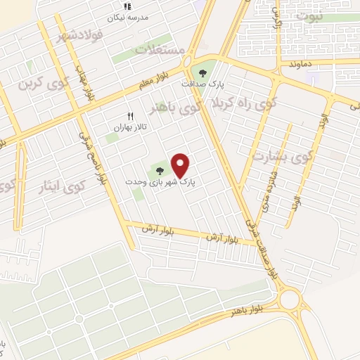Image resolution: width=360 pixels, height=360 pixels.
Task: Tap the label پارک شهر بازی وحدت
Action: [x=160, y=181]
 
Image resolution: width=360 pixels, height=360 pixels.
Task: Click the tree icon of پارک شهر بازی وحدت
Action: [x=160, y=169]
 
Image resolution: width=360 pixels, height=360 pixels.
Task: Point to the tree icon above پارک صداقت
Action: [x=204, y=72]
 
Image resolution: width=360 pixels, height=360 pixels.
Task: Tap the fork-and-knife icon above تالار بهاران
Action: [x=129, y=117]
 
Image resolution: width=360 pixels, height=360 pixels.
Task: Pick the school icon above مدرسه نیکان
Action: [x=127, y=6]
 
